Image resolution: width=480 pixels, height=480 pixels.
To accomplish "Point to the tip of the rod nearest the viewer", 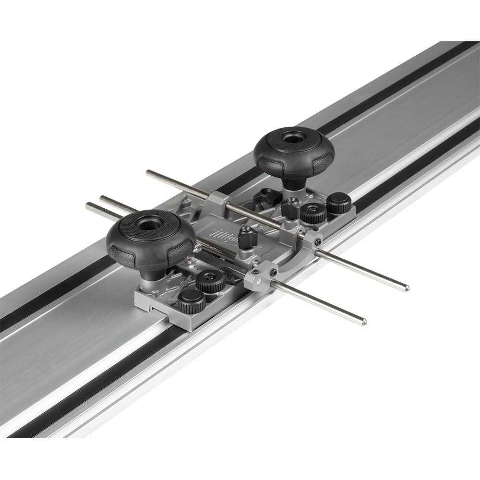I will point(363,322).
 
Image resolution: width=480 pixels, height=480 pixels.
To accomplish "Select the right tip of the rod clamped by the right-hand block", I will point(406,288).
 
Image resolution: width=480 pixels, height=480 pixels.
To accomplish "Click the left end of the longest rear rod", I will point(148,172).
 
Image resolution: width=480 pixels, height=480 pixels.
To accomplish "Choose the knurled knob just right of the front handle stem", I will point(210,281).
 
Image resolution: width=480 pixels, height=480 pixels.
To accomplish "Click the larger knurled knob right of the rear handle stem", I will point(313,212).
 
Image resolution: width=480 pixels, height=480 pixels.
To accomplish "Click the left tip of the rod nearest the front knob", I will point(88,206).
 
